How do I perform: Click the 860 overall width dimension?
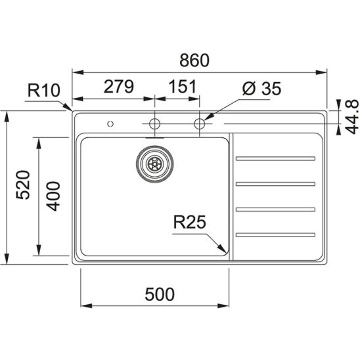[194, 60]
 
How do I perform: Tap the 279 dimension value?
[118, 87]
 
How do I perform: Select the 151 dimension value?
[183, 87]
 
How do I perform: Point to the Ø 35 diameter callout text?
[261, 89]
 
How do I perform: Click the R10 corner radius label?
[44, 90]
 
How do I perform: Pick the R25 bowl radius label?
[189, 222]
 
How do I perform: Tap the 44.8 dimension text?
[352, 117]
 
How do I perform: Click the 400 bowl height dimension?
[53, 196]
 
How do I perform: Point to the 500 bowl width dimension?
[160, 294]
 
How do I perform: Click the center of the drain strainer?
[155, 164]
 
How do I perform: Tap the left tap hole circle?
[155, 124]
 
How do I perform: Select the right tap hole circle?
[200, 124]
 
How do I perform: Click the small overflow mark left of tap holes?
[110, 124]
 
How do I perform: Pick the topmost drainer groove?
[275, 158]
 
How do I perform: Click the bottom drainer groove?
[275, 235]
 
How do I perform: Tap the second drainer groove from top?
[275, 184]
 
